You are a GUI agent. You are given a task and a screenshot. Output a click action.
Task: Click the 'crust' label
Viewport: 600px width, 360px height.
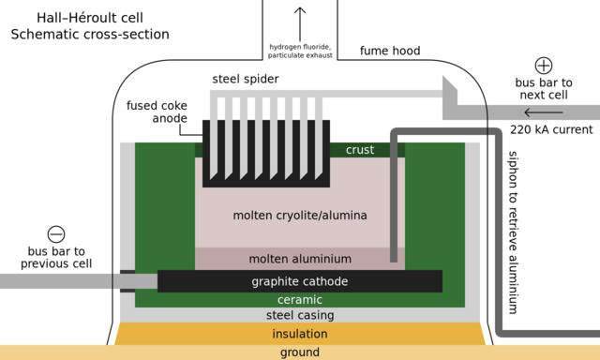click(359, 150)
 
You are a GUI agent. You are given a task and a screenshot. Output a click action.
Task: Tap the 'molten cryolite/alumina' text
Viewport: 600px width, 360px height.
click(300, 216)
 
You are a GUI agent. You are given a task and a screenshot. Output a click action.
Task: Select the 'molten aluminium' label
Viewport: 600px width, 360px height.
click(300, 259)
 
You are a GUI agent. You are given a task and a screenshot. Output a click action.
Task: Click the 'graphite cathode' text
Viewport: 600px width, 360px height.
click(300, 281)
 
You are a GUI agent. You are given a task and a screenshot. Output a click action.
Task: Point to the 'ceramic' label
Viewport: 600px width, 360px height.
click(300, 300)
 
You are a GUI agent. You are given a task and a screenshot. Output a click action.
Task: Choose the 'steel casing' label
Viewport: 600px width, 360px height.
click(300, 316)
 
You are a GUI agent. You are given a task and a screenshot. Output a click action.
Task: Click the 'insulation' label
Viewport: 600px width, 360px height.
click(300, 334)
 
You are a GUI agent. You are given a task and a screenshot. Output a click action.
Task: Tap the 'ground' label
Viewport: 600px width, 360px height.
click(300, 352)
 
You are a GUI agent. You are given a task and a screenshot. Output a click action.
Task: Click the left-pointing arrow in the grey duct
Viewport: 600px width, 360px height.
click(543, 113)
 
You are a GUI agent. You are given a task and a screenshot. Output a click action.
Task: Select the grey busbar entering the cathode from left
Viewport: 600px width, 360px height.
click(56, 280)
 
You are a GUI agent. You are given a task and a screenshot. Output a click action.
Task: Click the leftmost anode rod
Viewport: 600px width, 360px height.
click(213, 131)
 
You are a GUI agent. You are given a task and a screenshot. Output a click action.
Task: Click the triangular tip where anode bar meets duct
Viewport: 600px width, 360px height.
click(449, 87)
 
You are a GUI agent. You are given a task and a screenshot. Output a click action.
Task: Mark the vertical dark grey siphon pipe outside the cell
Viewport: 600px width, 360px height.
click(498, 234)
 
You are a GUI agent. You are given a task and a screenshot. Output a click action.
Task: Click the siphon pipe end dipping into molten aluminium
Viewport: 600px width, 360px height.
click(394, 255)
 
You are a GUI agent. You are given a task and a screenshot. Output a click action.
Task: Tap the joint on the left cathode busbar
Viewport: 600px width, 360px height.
click(113, 280)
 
